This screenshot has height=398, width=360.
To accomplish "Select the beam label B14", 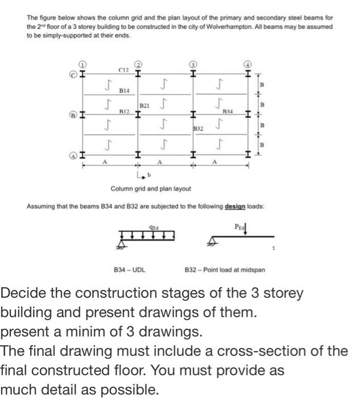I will (x=124, y=90).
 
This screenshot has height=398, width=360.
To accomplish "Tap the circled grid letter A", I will (x=74, y=154).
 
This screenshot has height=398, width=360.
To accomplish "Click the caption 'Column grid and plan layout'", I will (x=151, y=188).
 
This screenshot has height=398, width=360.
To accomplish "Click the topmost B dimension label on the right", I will (x=262, y=84).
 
